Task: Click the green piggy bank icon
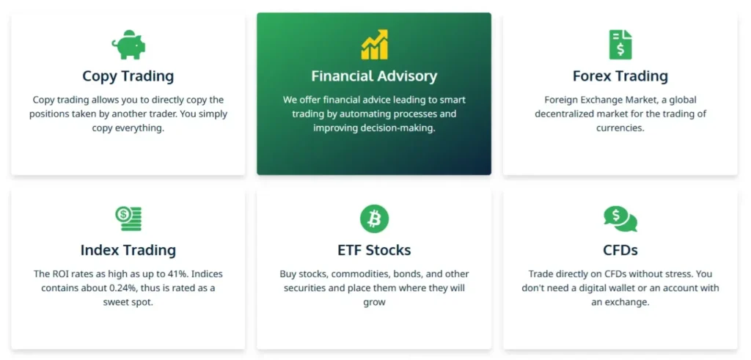(128, 45)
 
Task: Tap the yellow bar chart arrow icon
(374, 45)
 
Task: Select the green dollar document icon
(620, 45)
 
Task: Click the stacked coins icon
(128, 218)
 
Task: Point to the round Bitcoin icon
(374, 218)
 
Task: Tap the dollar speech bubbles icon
(620, 218)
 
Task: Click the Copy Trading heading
(128, 76)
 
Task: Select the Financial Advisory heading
(374, 76)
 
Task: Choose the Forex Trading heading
(620, 76)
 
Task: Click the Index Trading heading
(128, 251)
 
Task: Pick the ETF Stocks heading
(374, 251)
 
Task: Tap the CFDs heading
(620, 251)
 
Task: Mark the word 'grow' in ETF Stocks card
(374, 302)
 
